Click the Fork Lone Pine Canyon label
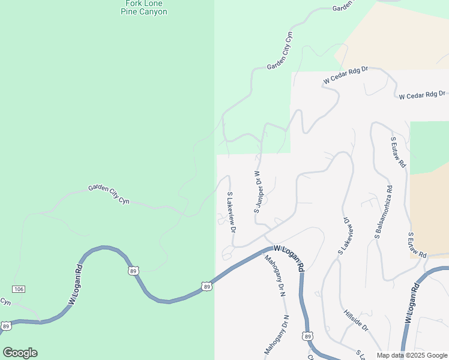[144, 7]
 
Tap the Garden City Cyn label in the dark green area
[109, 194]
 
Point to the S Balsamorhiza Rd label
[384, 212]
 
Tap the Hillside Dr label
[356, 321]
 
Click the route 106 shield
[19, 289]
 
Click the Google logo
[20, 352]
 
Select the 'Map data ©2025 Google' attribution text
[412, 355]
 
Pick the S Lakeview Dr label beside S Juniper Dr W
[232, 212]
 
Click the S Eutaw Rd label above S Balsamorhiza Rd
[399, 152]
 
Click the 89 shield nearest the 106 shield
[6, 326]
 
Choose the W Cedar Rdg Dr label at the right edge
[423, 95]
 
